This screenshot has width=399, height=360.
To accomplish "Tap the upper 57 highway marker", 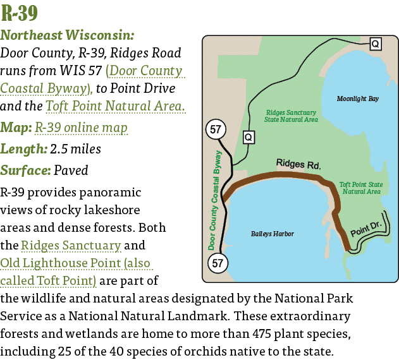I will pyautogui.click(x=216, y=130).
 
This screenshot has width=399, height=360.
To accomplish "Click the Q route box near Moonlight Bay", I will pyautogui.click(x=375, y=44).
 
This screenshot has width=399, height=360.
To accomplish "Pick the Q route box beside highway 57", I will pyautogui.click(x=249, y=137).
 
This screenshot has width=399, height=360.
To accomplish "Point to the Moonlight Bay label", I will pyautogui.click(x=358, y=99).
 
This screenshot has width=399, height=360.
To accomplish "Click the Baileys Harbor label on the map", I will pyautogui.click(x=273, y=234).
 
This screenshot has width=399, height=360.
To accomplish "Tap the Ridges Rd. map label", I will pyautogui.click(x=298, y=164).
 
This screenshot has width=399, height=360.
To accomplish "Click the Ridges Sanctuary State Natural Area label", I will pyautogui.click(x=291, y=115).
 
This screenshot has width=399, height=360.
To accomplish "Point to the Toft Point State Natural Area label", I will pyautogui.click(x=361, y=188).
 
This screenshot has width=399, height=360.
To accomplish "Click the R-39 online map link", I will pyautogui.click(x=80, y=128).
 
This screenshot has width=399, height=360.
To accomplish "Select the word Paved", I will pyautogui.click(x=71, y=171).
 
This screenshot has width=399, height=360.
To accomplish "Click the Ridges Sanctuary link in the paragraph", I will pyautogui.click(x=71, y=245).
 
